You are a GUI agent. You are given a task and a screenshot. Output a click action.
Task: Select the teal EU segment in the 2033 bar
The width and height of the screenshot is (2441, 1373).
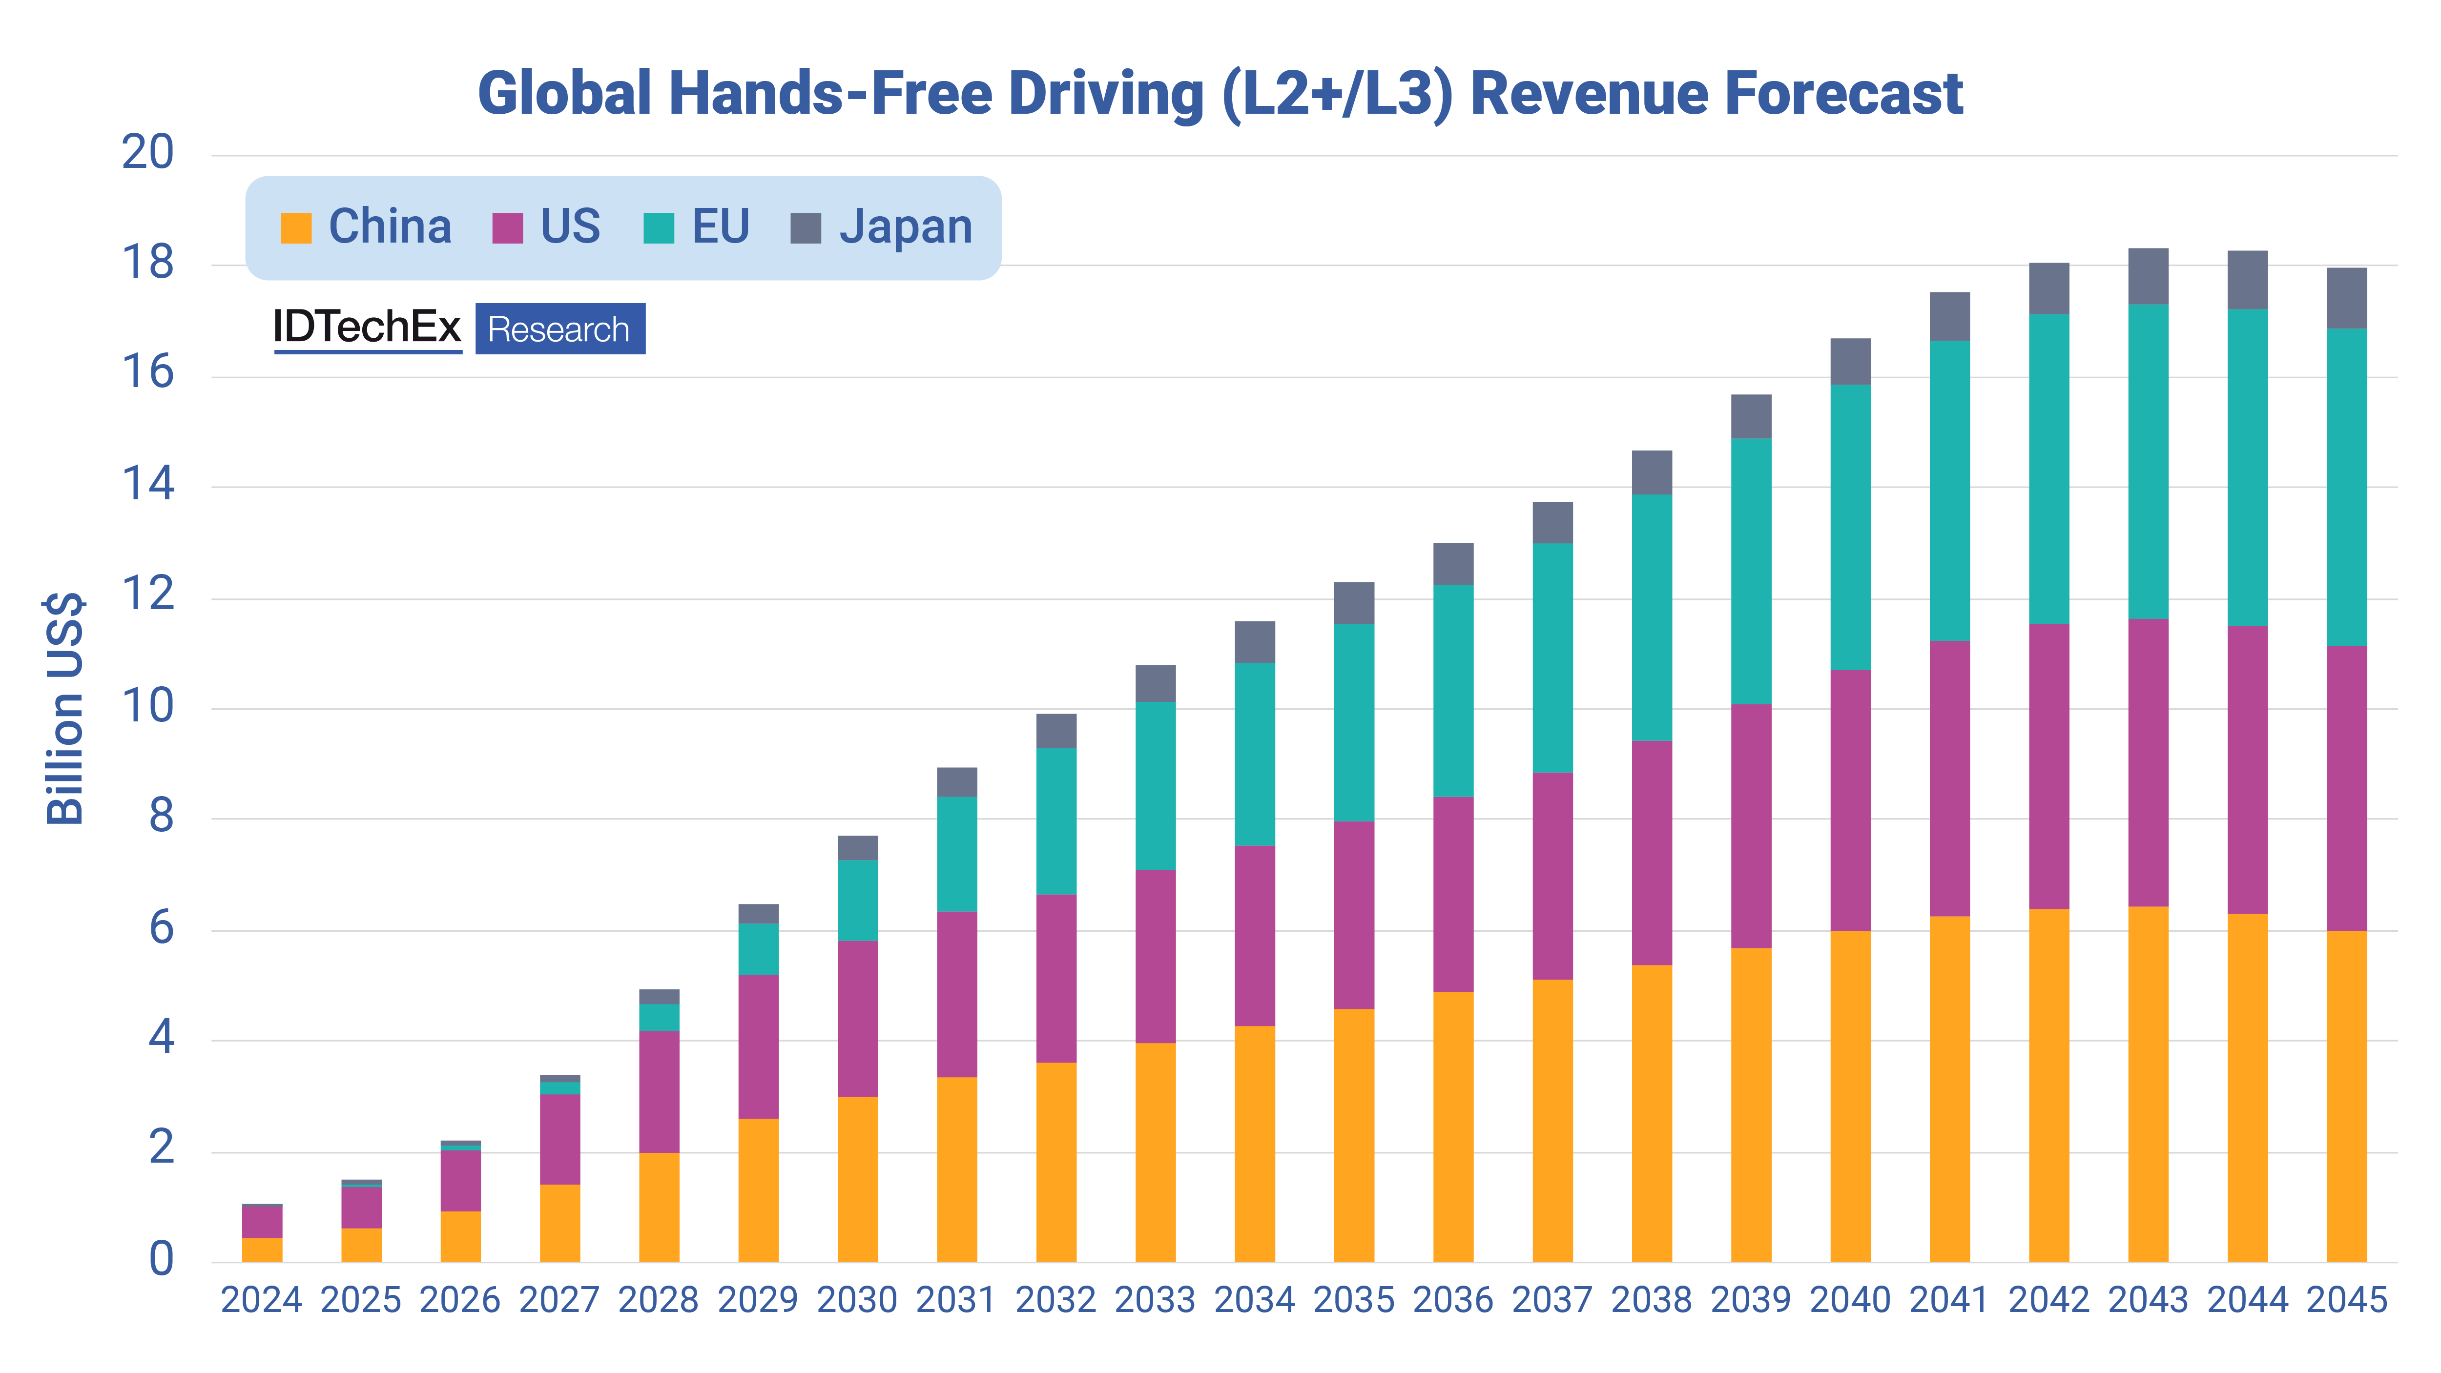(1155, 785)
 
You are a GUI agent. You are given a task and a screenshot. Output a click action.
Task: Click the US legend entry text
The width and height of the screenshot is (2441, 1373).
(570, 227)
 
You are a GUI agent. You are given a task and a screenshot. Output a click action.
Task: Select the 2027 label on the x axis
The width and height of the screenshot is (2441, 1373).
(559, 1300)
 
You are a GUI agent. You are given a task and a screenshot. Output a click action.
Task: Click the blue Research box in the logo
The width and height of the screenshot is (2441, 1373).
(559, 329)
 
